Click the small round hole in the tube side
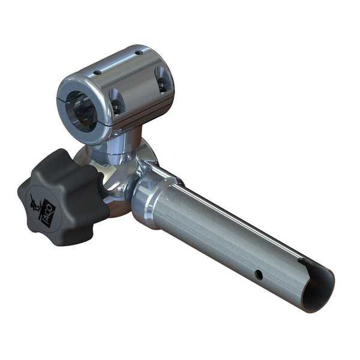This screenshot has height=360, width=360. click(x=258, y=274)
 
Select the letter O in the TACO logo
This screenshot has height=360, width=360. click(x=53, y=206)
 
